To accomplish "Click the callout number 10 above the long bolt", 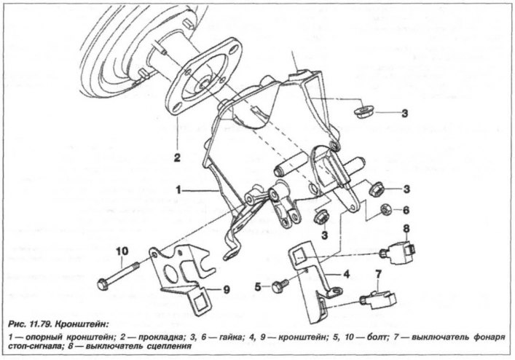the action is [x=122, y=252].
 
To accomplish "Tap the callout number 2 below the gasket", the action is [x=177, y=158].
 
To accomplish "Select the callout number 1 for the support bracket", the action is [x=178, y=190].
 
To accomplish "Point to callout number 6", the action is [x=406, y=210].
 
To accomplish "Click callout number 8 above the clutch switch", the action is [x=406, y=228].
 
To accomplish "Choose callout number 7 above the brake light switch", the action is [x=378, y=274].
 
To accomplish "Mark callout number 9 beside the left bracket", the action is [x=227, y=290].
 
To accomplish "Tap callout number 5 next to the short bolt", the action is [x=258, y=287].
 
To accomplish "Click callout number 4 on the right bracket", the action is [x=346, y=273].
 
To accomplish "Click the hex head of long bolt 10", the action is [x=102, y=284].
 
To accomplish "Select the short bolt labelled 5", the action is [x=280, y=285].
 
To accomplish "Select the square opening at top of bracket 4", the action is [x=299, y=254].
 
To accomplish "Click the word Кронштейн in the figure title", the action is [x=81, y=324].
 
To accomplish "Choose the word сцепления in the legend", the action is [x=170, y=347].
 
